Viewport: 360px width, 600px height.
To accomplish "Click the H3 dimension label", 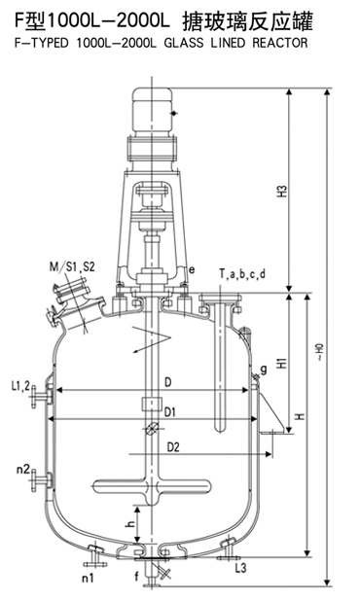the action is pos(282,191).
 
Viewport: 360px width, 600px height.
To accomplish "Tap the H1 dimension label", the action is pos(282,363).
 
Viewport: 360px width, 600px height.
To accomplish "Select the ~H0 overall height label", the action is pos(319,352).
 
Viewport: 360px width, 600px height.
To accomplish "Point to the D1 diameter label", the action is pos(170,412).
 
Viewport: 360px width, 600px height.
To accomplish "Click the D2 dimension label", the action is pos(173,446).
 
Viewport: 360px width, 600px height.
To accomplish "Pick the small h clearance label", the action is pos(131,523).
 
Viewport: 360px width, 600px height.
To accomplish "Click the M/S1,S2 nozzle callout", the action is pos(72,266).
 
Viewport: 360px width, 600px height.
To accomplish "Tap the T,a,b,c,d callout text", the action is pos(242,274).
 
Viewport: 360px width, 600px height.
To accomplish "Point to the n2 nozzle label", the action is pos(23,469).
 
